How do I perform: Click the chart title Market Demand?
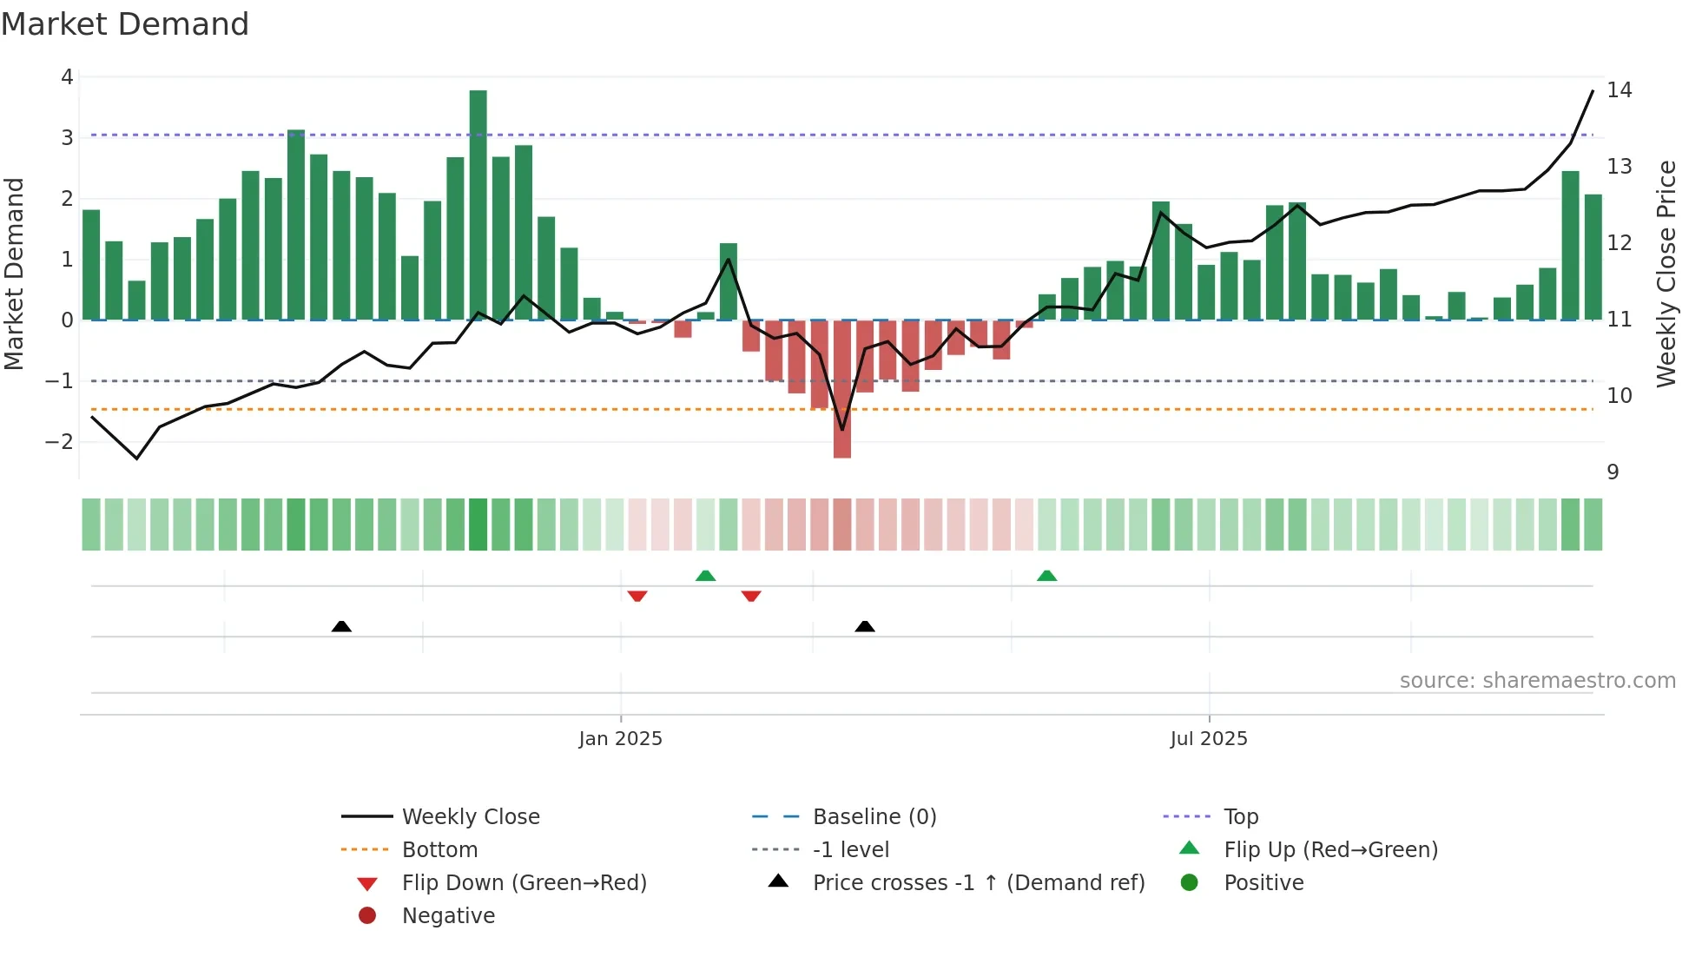tap(125, 24)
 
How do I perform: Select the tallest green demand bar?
tap(478, 204)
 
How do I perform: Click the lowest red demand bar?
tap(841, 389)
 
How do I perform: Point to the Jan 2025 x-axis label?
tap(620, 739)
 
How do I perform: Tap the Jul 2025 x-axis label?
tap(1208, 739)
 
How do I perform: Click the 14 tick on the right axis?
tap(1619, 90)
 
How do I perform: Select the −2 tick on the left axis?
tap(59, 441)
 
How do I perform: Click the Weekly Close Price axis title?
tap(1666, 274)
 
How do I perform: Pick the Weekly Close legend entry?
tap(470, 817)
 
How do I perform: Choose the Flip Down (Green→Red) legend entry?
tap(524, 883)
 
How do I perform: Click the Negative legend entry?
tap(448, 916)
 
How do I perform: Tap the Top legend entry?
tap(1240, 817)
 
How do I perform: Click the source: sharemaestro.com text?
tap(1537, 681)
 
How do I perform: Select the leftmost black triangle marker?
tap(341, 627)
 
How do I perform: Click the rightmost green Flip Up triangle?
tap(1046, 577)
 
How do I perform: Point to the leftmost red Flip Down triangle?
tap(637, 596)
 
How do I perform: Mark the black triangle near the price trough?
tap(864, 627)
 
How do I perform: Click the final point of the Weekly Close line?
tap(1593, 90)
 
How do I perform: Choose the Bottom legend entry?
tap(439, 850)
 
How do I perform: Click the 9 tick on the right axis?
tap(1613, 472)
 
